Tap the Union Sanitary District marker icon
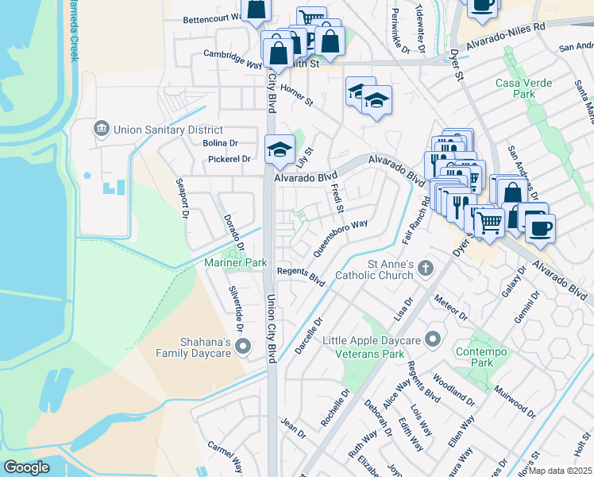point(102,129)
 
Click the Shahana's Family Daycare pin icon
point(244,345)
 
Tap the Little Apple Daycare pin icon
point(433,339)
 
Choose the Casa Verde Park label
point(515,88)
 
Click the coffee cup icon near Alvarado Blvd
point(540,227)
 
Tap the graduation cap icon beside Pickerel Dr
point(280,149)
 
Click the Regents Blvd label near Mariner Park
point(301,276)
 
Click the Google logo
point(27,467)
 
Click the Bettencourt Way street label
point(213,17)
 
